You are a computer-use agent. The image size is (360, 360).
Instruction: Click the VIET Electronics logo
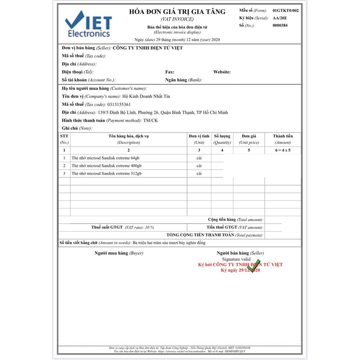88,24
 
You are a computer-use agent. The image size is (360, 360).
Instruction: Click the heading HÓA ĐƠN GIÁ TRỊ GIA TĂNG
177,12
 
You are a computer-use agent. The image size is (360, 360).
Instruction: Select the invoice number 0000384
280,25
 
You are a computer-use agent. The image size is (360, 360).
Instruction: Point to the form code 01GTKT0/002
285,11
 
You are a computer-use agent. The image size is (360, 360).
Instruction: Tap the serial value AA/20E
280,18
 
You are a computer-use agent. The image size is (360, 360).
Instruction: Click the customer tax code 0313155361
119,104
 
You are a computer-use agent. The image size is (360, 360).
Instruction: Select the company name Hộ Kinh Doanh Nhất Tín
146,96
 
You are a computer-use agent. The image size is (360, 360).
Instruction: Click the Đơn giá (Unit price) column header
249,139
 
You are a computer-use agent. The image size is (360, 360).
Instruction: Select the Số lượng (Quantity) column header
222,139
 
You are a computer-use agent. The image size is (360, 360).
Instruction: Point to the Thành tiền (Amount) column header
283,139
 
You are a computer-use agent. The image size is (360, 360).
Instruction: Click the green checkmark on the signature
254,265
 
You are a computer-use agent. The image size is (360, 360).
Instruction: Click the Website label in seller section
222,72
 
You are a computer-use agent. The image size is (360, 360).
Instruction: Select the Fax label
170,72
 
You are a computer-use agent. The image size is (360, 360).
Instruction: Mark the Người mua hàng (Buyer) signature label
119,253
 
